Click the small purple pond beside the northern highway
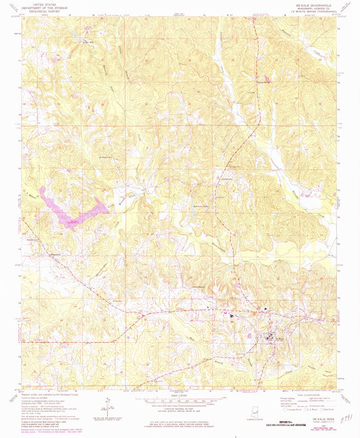(x=267, y=80)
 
